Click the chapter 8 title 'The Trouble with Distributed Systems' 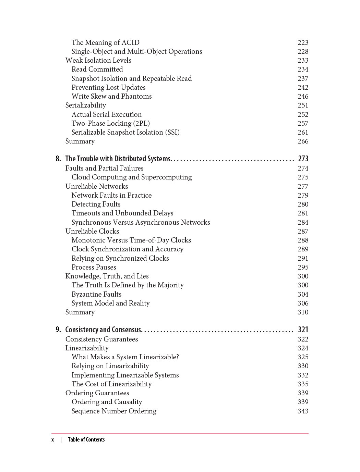click(x=118, y=159)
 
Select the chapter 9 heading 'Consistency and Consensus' click(x=103, y=330)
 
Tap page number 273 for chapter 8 click(x=303, y=159)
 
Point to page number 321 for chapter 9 click(x=303, y=330)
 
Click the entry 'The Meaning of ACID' click(x=105, y=42)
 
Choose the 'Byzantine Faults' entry click(x=96, y=294)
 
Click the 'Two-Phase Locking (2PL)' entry click(x=110, y=123)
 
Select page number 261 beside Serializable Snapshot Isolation click(x=303, y=132)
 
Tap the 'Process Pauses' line click(x=94, y=267)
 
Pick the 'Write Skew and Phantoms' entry click(x=111, y=96)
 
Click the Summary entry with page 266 click(x=80, y=141)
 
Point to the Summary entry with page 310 click(x=80, y=312)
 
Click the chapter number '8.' click(x=58, y=159)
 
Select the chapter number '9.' click(x=58, y=330)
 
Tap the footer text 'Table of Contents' click(x=86, y=440)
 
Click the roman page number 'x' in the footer click(x=52, y=440)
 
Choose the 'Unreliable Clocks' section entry click(x=92, y=231)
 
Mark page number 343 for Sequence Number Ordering click(x=303, y=411)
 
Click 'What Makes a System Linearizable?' click(x=125, y=357)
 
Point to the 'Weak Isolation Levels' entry click(x=98, y=60)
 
